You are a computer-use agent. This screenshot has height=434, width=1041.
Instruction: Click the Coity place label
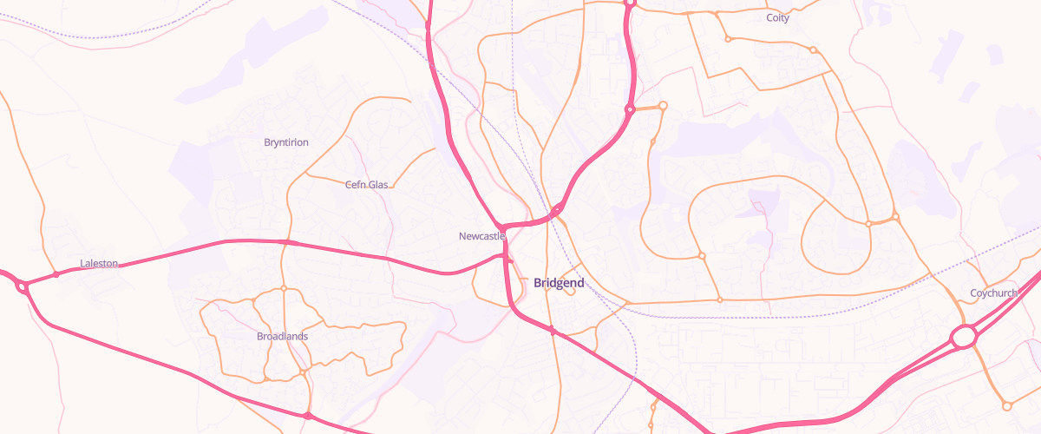pos(777,17)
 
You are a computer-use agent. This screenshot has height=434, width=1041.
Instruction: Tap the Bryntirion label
pos(285,142)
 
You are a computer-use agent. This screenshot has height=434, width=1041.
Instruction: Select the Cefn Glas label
pos(366,185)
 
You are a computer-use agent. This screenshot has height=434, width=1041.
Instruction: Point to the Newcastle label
pos(481,236)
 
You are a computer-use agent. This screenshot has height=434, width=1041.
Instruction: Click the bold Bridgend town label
pos(559,283)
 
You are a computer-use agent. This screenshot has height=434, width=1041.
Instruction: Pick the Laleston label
pos(99,263)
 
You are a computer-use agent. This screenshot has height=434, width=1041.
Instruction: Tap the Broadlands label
pos(282,336)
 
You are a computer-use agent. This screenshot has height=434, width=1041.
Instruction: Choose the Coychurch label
pos(993,293)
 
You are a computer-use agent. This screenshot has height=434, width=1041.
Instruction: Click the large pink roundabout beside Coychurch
pos(964,337)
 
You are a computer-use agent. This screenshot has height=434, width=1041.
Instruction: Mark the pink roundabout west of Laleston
pos(22,286)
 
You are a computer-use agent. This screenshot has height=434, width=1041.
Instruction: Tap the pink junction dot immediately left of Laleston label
pos(56,274)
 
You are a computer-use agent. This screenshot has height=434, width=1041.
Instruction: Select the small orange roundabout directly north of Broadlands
pos(284,288)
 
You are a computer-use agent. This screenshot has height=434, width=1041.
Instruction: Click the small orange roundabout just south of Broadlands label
pos(303,372)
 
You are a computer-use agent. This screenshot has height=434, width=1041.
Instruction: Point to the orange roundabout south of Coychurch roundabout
pos(1006,405)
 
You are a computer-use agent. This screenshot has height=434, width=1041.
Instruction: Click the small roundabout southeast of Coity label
pos(813,49)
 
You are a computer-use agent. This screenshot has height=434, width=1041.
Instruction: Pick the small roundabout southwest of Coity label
pos(728,39)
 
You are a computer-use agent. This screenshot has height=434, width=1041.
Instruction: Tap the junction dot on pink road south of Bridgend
pos(552,330)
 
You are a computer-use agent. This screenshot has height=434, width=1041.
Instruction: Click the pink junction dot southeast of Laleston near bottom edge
pos(308,416)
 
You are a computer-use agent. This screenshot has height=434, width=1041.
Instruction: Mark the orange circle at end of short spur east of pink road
pos(663,106)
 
